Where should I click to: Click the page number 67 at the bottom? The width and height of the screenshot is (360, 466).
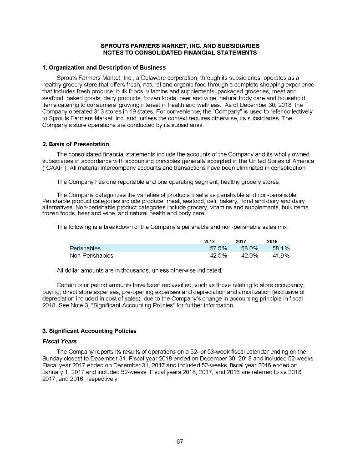[x=180, y=441]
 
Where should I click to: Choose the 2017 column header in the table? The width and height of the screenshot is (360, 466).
[x=241, y=241]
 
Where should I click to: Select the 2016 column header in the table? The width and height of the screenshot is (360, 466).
[x=272, y=241]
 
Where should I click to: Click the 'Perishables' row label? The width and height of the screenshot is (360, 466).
[x=85, y=248]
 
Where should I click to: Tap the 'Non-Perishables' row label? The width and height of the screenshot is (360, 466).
[x=91, y=256]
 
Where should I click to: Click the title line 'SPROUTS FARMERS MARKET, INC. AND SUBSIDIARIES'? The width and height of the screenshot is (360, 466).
[x=180, y=46]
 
